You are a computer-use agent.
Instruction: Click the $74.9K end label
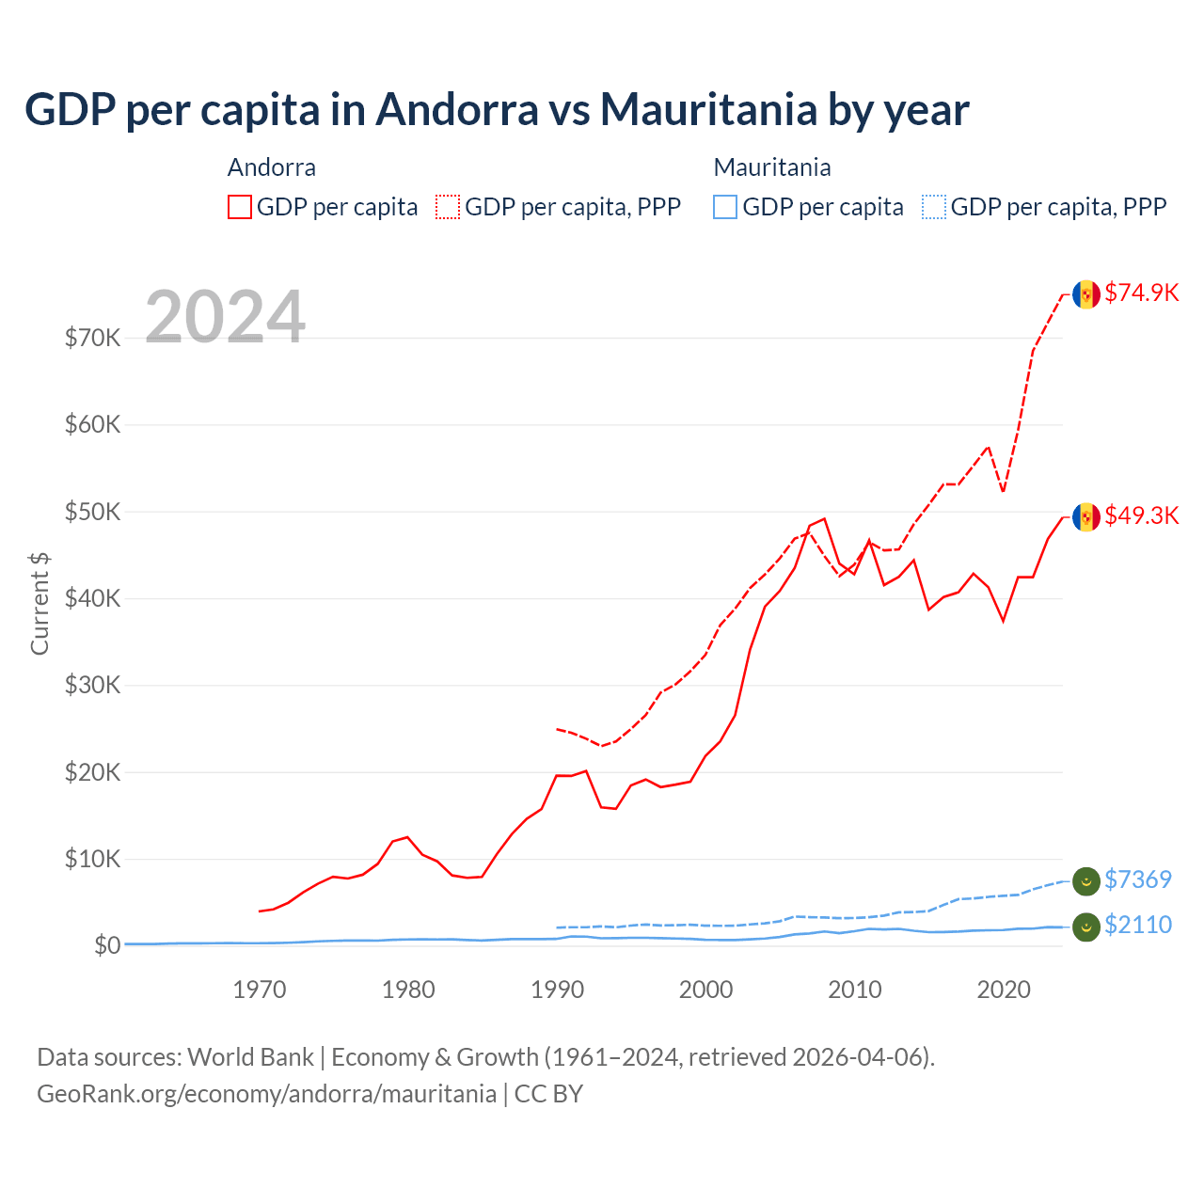click(1141, 293)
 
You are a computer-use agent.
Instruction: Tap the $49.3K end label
click(1141, 515)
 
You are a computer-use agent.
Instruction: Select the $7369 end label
click(1137, 879)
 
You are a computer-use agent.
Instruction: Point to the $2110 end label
click(1137, 925)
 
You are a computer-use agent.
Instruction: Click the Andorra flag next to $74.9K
click(1086, 294)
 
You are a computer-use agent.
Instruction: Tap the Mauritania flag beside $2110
click(1086, 927)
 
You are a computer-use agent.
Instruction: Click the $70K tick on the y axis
click(92, 338)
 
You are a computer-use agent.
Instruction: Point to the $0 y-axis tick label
click(107, 945)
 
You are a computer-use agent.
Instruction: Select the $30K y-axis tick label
click(92, 685)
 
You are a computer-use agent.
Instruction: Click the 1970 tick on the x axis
click(260, 990)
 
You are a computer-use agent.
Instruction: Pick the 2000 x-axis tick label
click(705, 990)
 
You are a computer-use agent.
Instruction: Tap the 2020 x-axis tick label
click(1004, 990)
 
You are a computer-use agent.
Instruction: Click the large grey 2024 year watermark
click(225, 317)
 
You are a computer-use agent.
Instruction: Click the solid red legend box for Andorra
click(240, 207)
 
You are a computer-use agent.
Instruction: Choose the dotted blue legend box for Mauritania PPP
click(934, 207)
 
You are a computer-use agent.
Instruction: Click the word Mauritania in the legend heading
click(772, 167)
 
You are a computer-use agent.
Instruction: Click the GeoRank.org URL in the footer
click(266, 1094)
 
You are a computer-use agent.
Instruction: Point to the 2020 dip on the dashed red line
click(1004, 491)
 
